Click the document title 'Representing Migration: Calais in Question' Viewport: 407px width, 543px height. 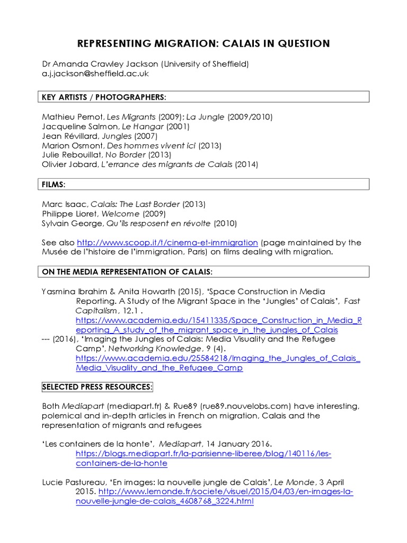point(203,43)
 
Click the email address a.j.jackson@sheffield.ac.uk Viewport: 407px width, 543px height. point(95,74)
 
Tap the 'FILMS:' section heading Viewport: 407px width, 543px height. point(54,184)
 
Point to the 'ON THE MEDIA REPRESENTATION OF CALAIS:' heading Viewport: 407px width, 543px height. point(127,272)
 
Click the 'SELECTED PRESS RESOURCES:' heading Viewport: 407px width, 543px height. point(98,387)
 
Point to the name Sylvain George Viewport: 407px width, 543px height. point(69,223)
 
